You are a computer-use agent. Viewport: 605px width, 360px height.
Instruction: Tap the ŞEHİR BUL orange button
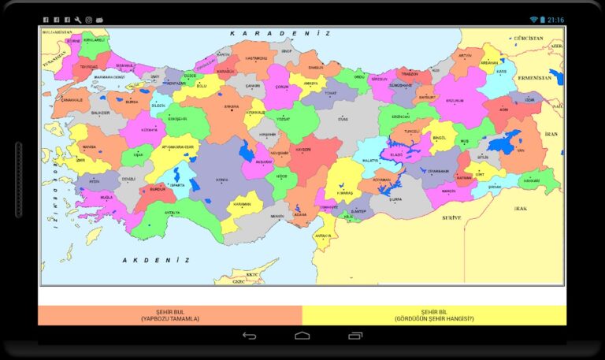point(170,315)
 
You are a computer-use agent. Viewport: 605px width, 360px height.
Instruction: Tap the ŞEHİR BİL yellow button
point(434,315)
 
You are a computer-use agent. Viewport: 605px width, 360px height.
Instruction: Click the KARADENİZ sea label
point(280,34)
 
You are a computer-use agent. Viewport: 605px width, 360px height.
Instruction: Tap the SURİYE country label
point(451,217)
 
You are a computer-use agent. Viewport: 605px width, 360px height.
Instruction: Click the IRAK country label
point(520,209)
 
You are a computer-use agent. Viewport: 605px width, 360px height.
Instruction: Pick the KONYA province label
point(222,180)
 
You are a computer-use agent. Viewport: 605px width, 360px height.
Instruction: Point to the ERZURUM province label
point(455,101)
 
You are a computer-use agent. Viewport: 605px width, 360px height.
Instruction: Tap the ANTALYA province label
point(172,212)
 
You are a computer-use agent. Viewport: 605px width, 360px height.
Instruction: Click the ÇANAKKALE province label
point(72,100)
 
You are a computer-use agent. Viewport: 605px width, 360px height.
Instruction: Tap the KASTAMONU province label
point(257,58)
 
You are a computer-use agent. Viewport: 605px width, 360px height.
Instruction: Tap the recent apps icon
point(354,336)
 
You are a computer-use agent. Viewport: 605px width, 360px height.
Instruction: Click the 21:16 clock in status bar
point(555,20)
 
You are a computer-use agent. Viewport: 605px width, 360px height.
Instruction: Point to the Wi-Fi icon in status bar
point(533,20)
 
